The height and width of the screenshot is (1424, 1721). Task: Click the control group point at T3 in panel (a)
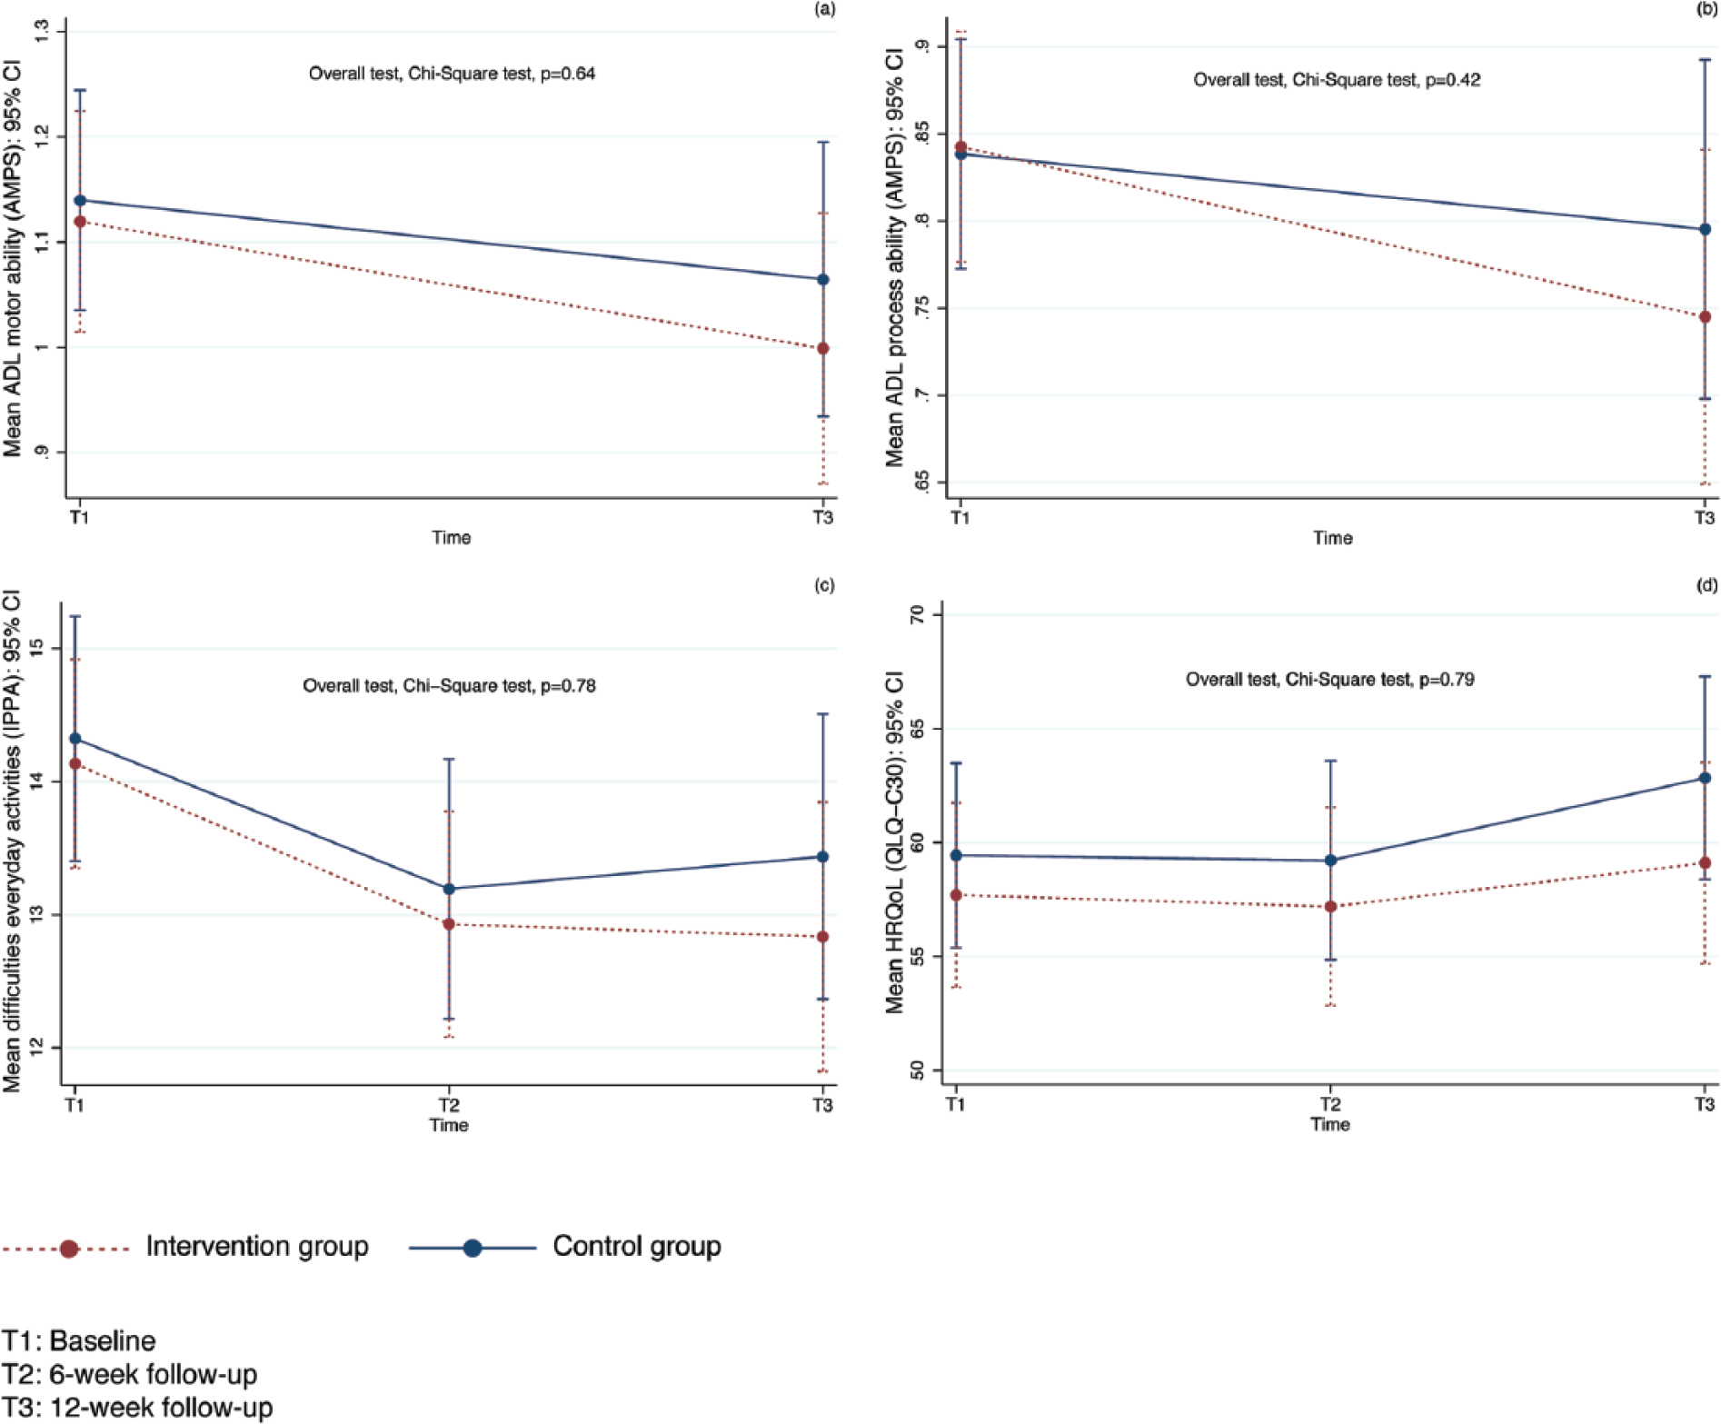pos(823,280)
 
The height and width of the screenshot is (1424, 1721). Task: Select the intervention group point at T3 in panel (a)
pos(823,349)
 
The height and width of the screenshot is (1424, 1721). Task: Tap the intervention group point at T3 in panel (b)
pos(1705,317)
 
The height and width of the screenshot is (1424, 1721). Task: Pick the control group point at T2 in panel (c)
pos(449,889)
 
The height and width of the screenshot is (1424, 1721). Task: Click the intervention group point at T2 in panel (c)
pos(449,924)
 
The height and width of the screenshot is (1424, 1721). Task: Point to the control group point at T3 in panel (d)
pos(1705,778)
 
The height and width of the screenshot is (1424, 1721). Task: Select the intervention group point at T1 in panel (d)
pos(956,895)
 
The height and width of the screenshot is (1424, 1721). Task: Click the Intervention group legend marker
pos(69,1249)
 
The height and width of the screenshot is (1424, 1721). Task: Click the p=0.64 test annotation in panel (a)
pos(452,74)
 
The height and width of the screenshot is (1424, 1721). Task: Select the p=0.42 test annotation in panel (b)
pos(1337,80)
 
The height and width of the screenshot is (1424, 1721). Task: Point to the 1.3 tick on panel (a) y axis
pos(42,33)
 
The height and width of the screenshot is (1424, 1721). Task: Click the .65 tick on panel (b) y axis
pos(921,483)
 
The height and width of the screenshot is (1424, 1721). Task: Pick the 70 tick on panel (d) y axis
pos(917,615)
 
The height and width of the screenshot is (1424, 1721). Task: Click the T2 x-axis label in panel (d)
pos(1330,1105)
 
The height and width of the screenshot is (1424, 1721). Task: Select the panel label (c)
pos(824,585)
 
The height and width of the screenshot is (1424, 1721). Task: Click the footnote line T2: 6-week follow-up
pos(130,1374)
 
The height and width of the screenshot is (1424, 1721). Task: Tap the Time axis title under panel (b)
pos(1333,538)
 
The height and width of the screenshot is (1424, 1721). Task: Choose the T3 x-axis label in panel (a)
pos(822,518)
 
